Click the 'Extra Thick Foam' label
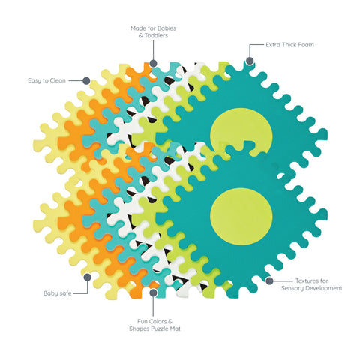tap(289, 45)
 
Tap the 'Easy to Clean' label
tap(46, 80)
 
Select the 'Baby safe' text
tap(58, 293)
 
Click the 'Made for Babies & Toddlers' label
tap(153, 32)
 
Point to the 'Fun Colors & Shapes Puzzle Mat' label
tap(154, 325)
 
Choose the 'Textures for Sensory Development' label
tap(312, 284)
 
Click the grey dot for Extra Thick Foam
tap(250, 61)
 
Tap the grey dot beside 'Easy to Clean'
tap(86, 80)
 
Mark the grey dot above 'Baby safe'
tap(88, 277)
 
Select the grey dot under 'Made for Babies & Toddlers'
tap(153, 63)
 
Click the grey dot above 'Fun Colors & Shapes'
tap(153, 292)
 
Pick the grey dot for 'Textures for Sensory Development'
tap(269, 280)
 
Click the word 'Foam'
tap(305, 45)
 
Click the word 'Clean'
tap(58, 80)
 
